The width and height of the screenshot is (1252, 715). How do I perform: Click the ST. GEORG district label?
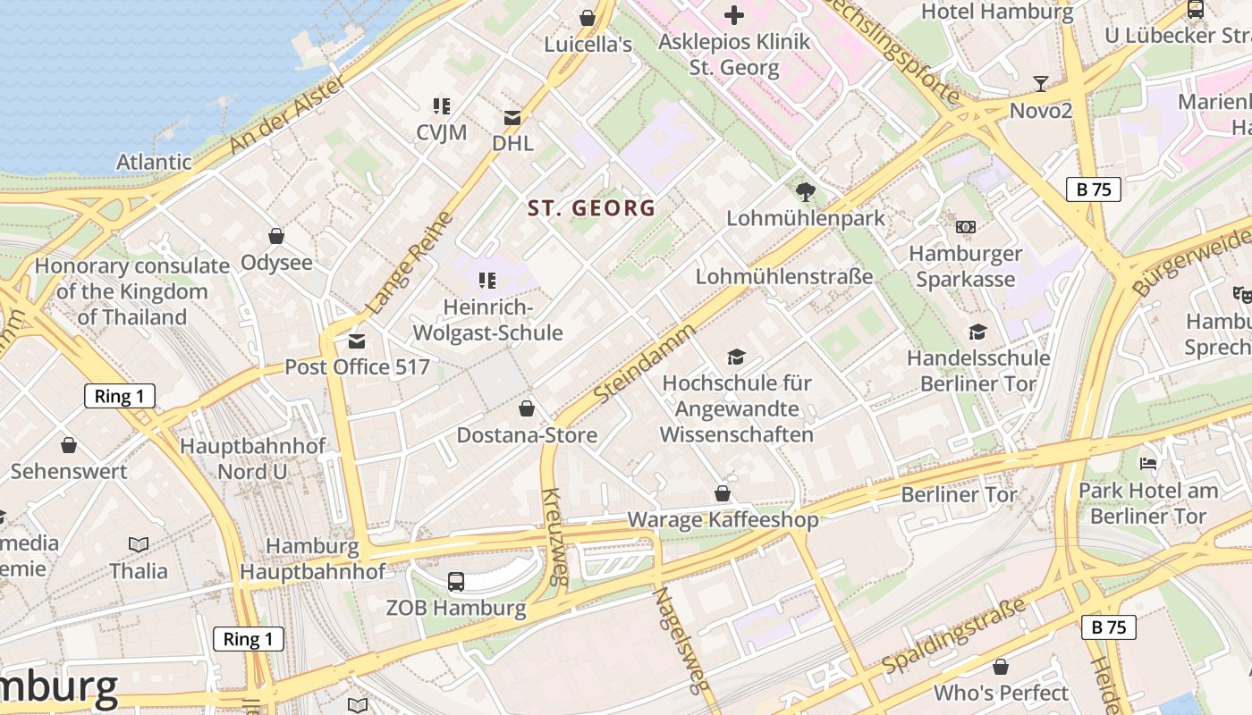point(591,208)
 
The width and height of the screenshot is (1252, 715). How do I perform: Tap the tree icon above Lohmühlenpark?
point(805,191)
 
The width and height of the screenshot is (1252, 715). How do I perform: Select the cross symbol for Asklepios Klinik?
point(733,14)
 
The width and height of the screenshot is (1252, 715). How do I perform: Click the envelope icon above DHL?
point(512,117)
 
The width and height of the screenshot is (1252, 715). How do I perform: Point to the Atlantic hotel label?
point(154,162)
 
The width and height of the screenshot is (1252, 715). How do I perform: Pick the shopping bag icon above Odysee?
point(276,236)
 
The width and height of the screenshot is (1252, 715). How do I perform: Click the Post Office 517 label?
point(357,366)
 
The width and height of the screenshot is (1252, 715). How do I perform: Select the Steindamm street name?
point(644,362)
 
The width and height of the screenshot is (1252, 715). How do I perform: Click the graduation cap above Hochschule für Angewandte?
point(736,357)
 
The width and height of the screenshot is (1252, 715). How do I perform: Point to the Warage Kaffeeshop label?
point(723,519)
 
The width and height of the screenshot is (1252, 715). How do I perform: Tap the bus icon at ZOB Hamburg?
point(456,582)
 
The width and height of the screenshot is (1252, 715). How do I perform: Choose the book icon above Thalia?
point(139,544)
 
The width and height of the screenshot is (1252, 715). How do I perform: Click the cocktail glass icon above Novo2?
point(1041,84)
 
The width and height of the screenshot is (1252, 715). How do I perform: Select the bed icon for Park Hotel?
point(1148,463)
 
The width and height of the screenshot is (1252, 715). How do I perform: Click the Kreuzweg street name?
point(554,536)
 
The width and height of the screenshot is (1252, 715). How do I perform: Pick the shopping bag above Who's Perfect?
point(1001,667)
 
